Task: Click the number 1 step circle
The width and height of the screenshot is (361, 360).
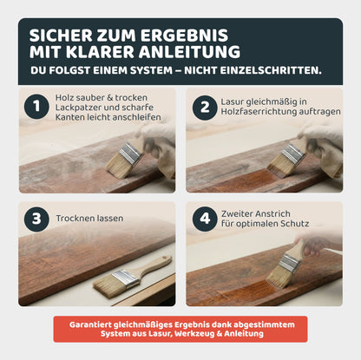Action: [x=36, y=107]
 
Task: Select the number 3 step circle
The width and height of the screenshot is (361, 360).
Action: [x=36, y=219]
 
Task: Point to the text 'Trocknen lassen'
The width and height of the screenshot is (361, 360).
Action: [x=90, y=219]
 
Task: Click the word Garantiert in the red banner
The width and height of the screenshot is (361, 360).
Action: [x=95, y=323]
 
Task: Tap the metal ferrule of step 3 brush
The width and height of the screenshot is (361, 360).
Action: [x=124, y=278]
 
